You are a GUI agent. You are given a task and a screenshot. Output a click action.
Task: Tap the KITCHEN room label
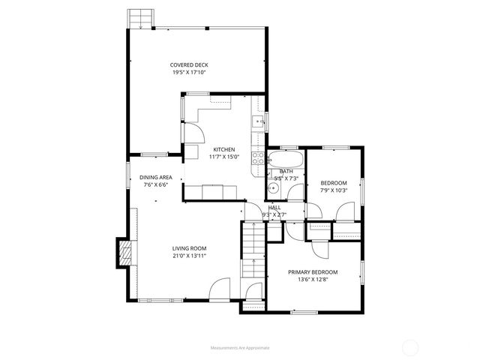(x=223, y=149)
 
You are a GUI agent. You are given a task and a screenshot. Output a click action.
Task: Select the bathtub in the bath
(x=285, y=160)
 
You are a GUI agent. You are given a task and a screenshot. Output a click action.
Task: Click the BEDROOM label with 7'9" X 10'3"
(x=334, y=184)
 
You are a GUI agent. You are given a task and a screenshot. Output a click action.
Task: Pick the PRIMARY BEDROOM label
(x=313, y=272)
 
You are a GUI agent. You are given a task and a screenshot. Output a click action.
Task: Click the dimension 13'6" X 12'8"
(x=313, y=280)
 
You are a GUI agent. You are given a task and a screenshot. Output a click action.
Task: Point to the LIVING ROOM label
(x=189, y=248)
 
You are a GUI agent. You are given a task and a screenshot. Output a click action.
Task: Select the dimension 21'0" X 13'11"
(x=189, y=256)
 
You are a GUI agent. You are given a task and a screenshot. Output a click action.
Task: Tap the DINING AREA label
(x=155, y=178)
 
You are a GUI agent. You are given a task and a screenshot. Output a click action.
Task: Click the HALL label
(x=274, y=208)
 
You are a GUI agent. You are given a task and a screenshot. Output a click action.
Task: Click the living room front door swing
(x=221, y=289)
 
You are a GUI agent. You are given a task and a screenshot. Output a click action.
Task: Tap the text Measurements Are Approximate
(x=240, y=348)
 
